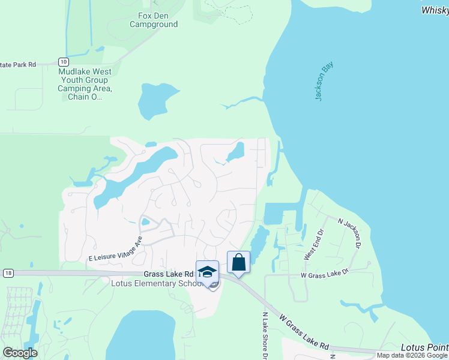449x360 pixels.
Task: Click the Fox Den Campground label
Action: click(x=154, y=20)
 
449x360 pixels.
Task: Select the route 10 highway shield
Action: click(x=63, y=62)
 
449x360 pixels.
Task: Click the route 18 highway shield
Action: click(x=7, y=273)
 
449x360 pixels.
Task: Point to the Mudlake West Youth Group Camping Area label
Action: click(x=85, y=84)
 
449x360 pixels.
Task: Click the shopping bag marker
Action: click(x=238, y=262)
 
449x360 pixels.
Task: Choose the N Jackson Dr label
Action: click(x=350, y=233)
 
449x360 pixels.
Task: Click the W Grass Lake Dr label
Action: click(x=325, y=275)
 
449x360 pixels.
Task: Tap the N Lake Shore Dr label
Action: click(x=265, y=335)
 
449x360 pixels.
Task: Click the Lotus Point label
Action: click(x=424, y=348)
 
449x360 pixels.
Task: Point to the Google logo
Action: click(x=20, y=353)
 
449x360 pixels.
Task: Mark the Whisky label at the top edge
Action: click(x=435, y=10)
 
